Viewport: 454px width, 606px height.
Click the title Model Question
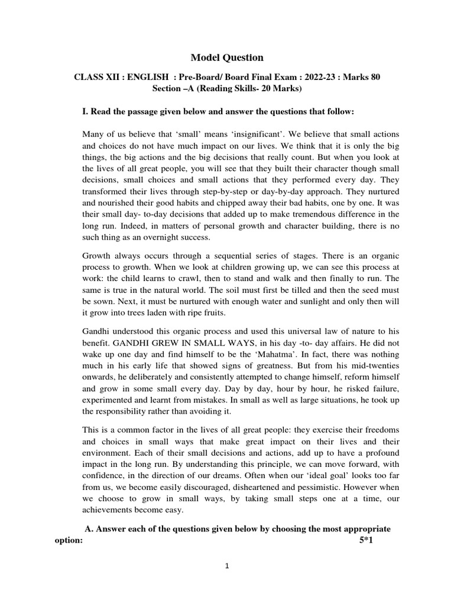point(227,57)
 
